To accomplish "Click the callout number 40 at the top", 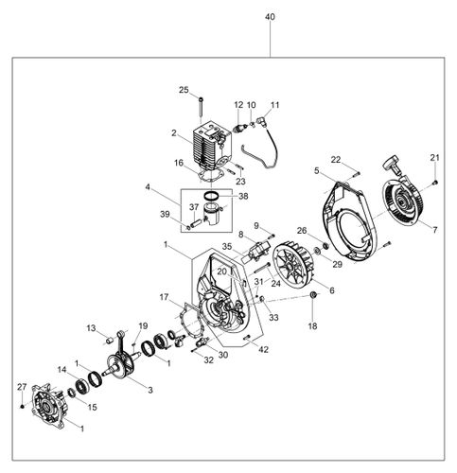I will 272,18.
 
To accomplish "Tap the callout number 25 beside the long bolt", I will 185,90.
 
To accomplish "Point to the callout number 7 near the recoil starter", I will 434,230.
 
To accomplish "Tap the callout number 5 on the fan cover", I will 315,171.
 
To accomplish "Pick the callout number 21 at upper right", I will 435,157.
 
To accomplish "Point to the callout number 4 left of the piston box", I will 149,187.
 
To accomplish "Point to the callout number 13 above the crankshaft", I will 93,328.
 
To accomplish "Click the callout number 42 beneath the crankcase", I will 263,351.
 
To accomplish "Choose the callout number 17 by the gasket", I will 165,297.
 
